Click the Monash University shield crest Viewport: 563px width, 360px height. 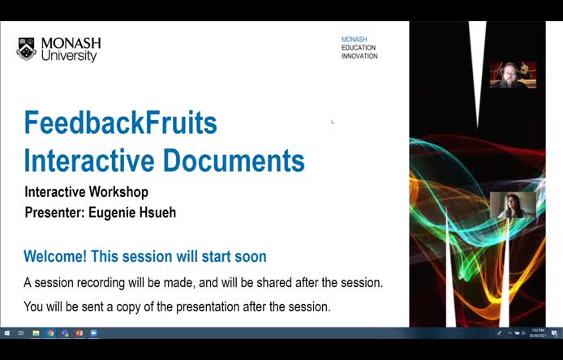pyautogui.click(x=26, y=49)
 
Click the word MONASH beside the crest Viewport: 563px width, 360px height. pyautogui.click(x=71, y=43)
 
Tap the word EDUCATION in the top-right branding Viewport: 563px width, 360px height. pyautogui.click(x=359, y=48)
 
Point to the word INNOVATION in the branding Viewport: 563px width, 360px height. pyautogui.click(x=359, y=56)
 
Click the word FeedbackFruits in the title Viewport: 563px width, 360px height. pyautogui.click(x=120, y=122)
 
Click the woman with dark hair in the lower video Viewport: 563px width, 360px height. pyautogui.click(x=513, y=207)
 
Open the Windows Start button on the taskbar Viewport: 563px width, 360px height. pyautogui.click(x=6, y=332)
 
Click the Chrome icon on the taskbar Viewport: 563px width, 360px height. pyautogui.click(x=50, y=332)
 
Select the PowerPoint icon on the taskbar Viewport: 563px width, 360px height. pyautogui.click(x=80, y=332)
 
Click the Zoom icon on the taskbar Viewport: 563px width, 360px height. pyautogui.click(x=93, y=332)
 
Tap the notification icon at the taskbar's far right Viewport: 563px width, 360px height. pyautogui.click(x=554, y=332)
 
